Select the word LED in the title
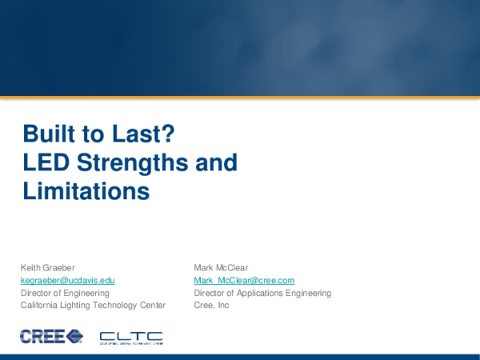[x=44, y=163]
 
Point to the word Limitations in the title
[x=86, y=192]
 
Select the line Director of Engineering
[x=65, y=293]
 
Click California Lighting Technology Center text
[x=93, y=305]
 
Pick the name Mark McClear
[x=220, y=267]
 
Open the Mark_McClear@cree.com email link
[x=244, y=280]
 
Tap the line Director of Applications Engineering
[x=262, y=293]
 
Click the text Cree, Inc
[x=211, y=305]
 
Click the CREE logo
[x=51, y=336]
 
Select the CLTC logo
[x=130, y=337]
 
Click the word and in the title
[x=218, y=163]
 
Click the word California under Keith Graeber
[x=38, y=305]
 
